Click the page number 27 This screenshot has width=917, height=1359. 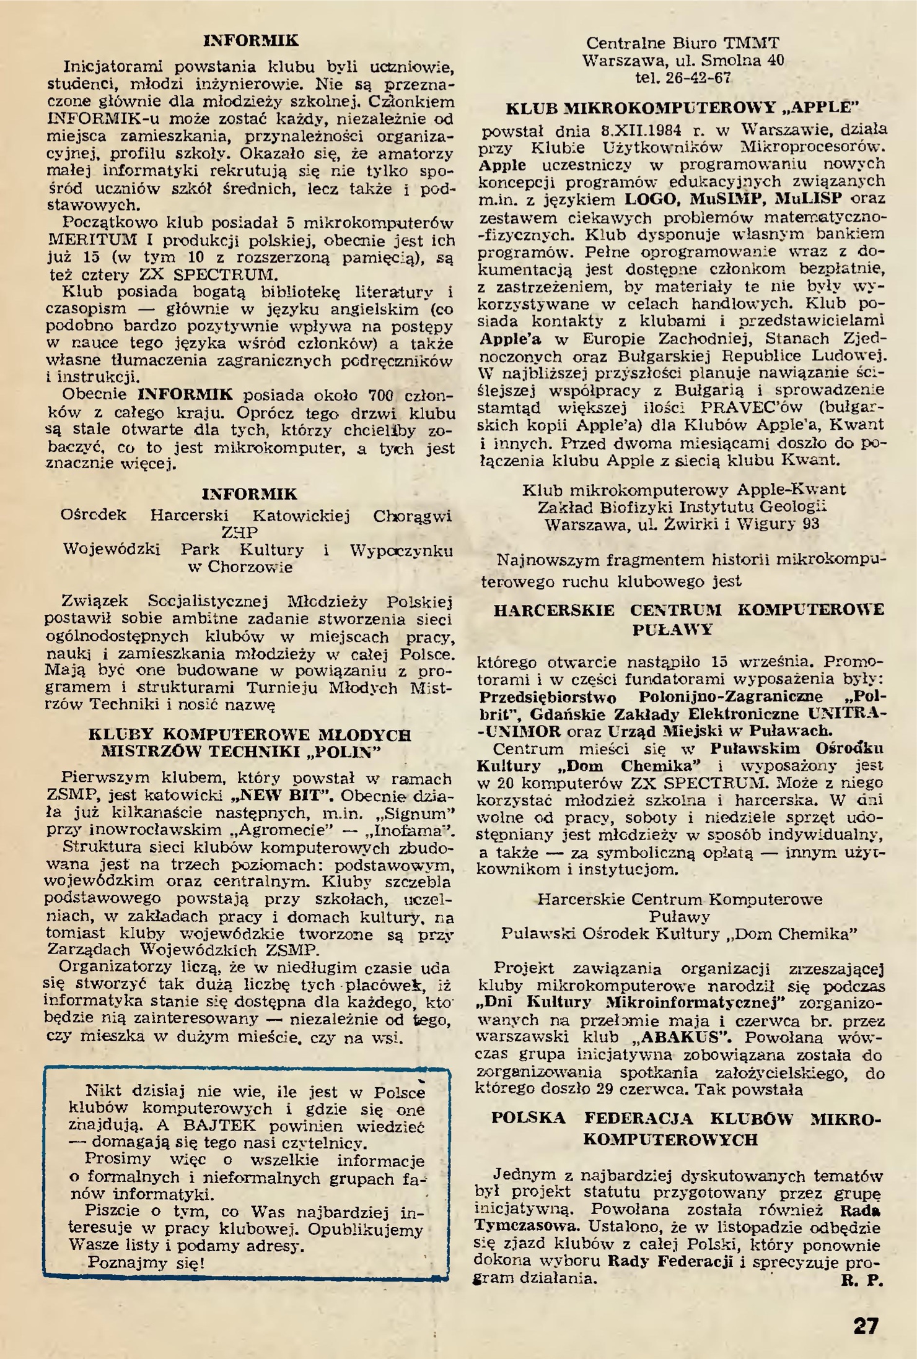click(x=866, y=1326)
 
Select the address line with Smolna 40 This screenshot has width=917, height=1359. click(x=683, y=61)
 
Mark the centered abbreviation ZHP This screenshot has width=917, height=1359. click(x=240, y=532)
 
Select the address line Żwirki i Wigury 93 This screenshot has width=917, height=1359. click(x=682, y=524)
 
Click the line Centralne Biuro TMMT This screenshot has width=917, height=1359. click(x=683, y=43)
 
